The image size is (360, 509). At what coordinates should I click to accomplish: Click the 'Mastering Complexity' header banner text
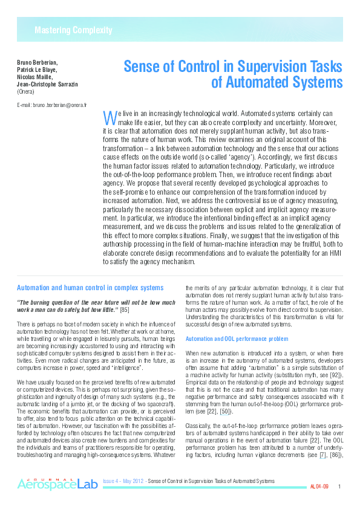click(73, 30)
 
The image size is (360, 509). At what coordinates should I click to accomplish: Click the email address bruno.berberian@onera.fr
click(52, 105)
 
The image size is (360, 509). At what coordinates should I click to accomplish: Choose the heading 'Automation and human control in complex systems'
click(90, 288)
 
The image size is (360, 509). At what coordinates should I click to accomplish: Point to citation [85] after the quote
click(125, 310)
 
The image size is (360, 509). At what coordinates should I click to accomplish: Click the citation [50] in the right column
click(224, 411)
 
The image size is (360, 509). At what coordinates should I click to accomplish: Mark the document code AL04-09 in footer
click(319, 486)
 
